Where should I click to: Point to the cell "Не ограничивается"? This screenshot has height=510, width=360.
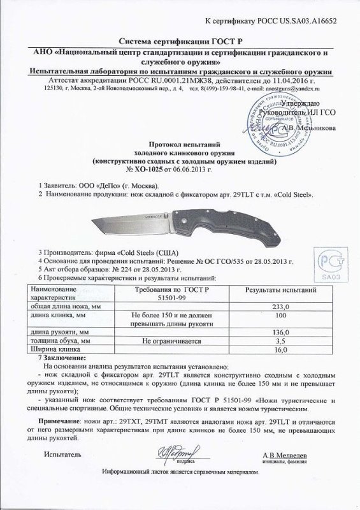tap(164, 342)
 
